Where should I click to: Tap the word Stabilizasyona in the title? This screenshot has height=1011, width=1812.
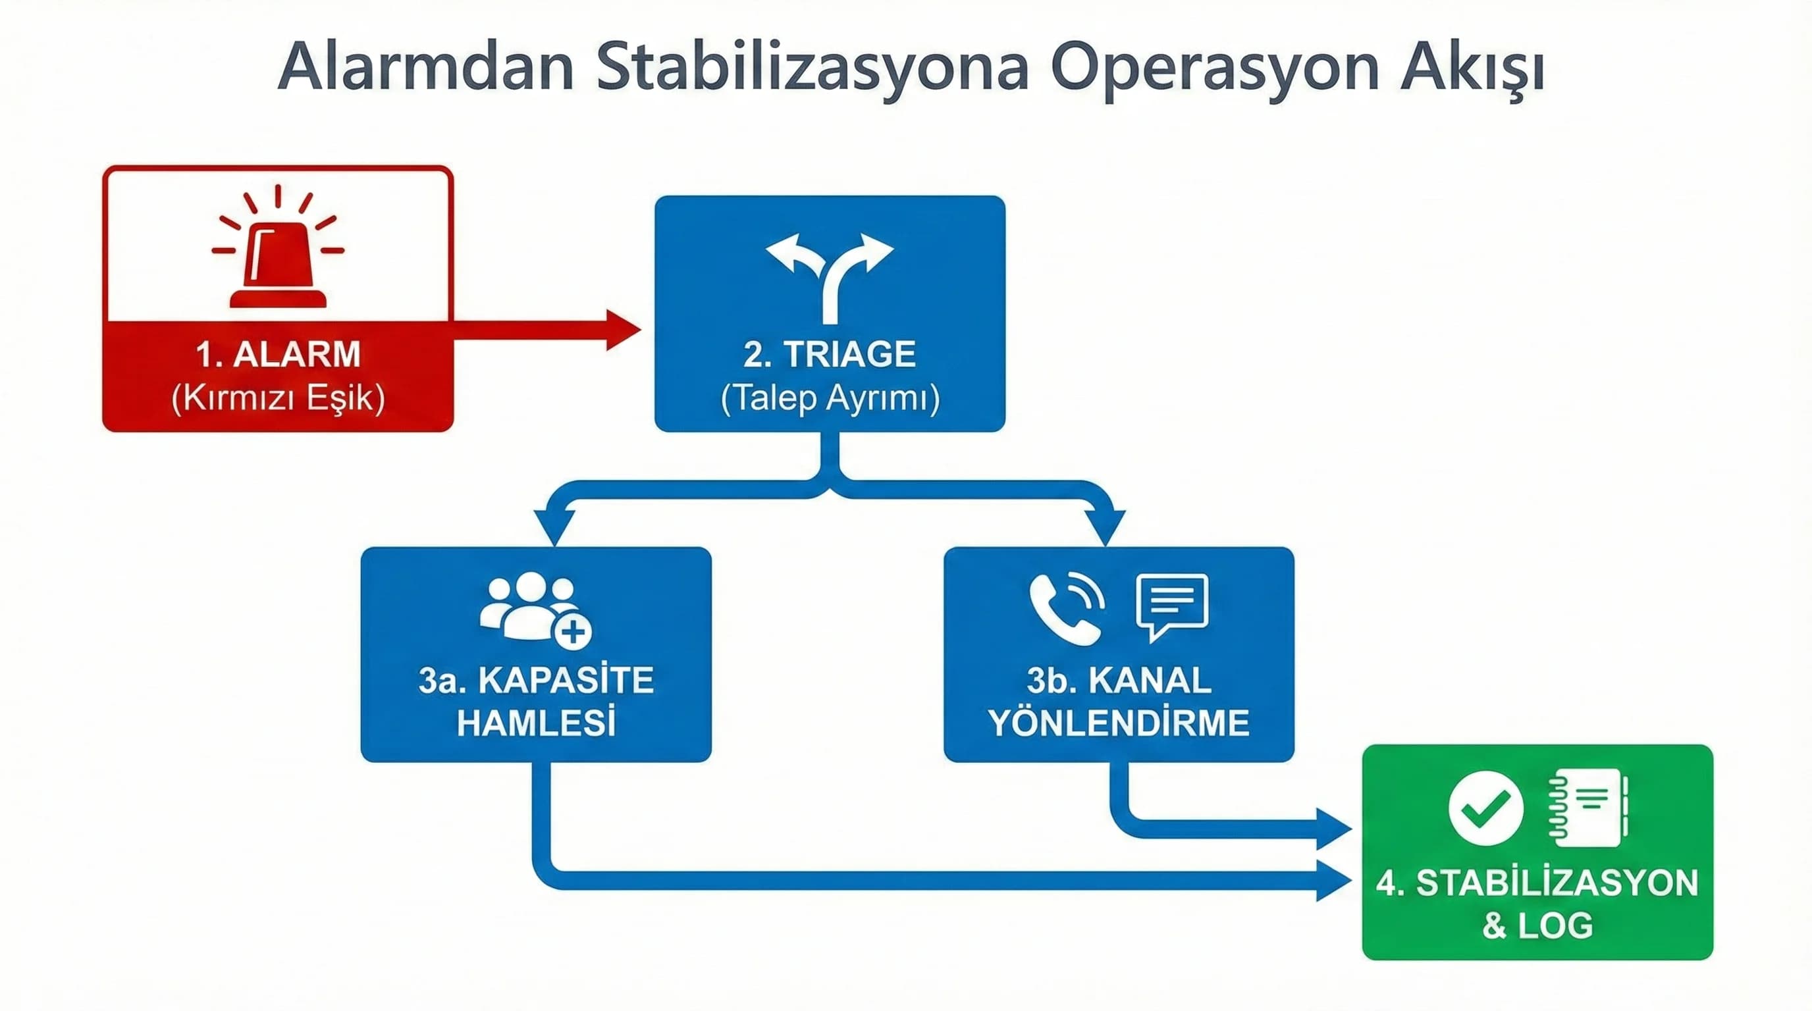click(x=813, y=69)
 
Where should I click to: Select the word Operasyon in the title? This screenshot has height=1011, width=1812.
click(x=1213, y=69)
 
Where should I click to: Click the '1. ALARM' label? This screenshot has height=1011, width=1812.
click(x=278, y=353)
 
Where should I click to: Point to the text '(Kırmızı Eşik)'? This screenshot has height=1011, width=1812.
click(x=278, y=398)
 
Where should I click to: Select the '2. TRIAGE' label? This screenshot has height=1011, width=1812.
click(x=830, y=353)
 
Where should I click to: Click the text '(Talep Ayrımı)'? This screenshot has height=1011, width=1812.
click(x=830, y=398)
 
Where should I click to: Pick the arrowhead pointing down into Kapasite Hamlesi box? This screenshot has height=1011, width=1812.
click(x=554, y=527)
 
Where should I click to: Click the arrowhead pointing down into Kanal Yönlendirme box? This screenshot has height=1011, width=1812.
click(x=1105, y=527)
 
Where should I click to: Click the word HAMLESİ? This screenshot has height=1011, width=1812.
click(x=536, y=723)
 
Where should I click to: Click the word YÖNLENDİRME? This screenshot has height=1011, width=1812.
click(x=1119, y=723)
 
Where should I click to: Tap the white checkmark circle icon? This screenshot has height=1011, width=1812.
click(x=1485, y=808)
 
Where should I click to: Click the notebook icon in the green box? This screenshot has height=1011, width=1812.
click(x=1588, y=808)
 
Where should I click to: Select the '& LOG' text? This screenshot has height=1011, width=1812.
click(x=1537, y=925)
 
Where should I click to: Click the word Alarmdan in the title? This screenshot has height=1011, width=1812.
click(x=426, y=69)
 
